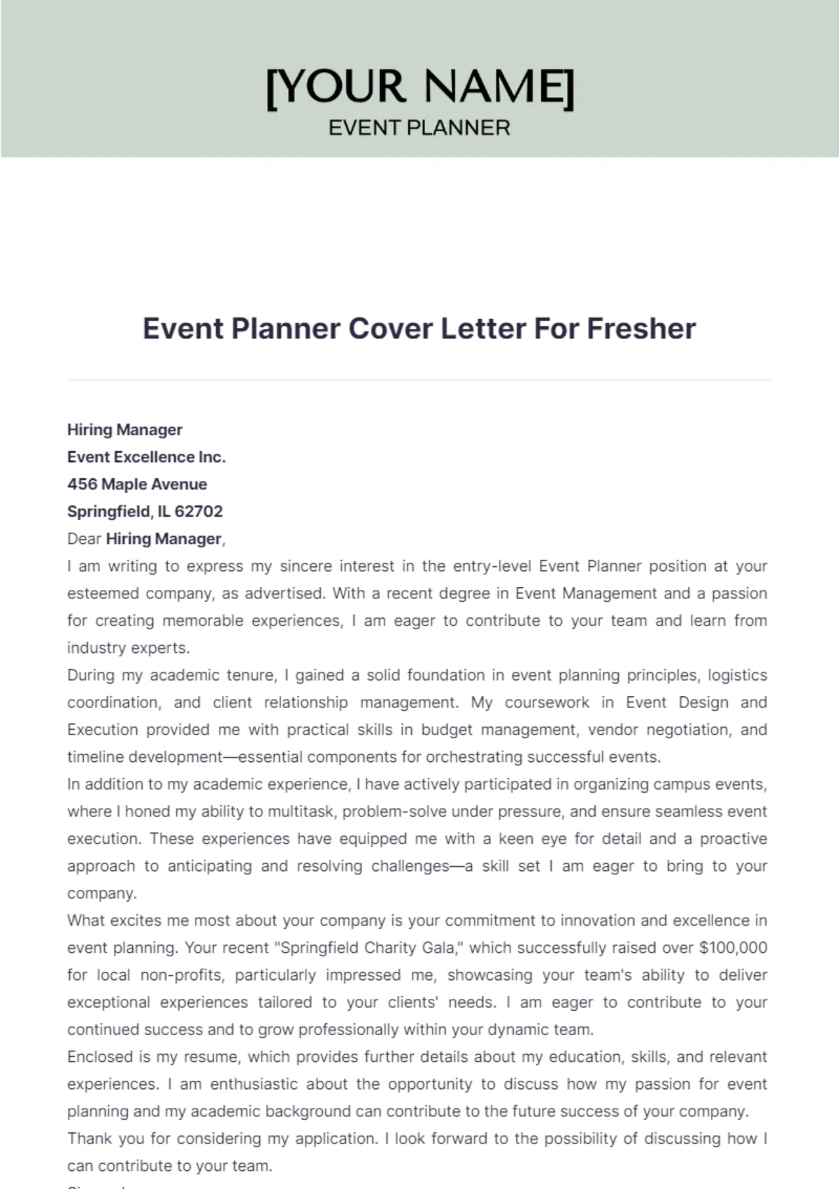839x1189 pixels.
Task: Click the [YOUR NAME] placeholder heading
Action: [419, 87]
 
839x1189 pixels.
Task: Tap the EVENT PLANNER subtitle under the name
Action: [419, 128]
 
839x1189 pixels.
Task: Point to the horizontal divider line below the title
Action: [419, 380]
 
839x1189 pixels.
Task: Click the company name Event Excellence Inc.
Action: [146, 457]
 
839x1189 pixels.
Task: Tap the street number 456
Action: [82, 484]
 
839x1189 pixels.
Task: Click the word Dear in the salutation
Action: [84, 539]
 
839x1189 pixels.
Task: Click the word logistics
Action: [738, 675]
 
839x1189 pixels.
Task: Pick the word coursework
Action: [547, 702]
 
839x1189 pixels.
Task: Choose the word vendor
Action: [612, 730]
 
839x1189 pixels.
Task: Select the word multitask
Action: [300, 812]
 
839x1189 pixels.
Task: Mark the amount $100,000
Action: [733, 948]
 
